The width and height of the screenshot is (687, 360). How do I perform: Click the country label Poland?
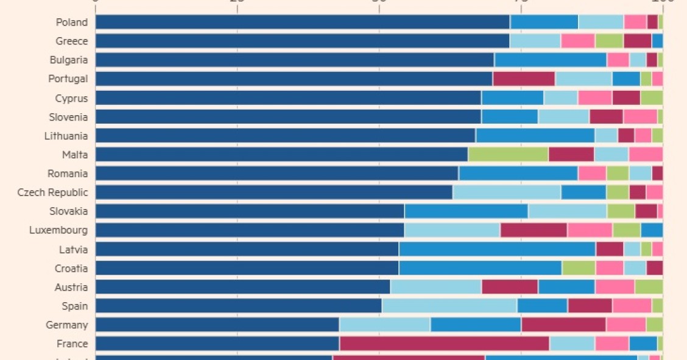pyautogui.click(x=71, y=22)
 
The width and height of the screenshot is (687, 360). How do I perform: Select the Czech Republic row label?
pyautogui.click(x=52, y=192)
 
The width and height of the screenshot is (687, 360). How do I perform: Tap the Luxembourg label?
pyautogui.click(x=58, y=230)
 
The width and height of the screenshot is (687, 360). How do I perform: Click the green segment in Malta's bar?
pyautogui.click(x=508, y=155)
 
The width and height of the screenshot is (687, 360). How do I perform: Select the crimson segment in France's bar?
pyautogui.click(x=444, y=344)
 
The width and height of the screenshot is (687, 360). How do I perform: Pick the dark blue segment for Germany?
pyautogui.click(x=217, y=325)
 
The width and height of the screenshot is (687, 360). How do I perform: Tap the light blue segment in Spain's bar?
pyautogui.click(x=449, y=306)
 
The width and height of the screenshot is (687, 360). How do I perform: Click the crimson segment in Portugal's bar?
pyautogui.click(x=524, y=79)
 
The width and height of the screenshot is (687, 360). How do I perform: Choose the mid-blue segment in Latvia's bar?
pyautogui.click(x=497, y=249)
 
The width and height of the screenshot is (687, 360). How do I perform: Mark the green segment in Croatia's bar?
pyautogui.click(x=579, y=268)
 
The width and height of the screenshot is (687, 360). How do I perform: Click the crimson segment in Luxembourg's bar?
pyautogui.click(x=534, y=230)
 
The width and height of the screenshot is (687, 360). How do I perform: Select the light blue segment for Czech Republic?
pyautogui.click(x=507, y=192)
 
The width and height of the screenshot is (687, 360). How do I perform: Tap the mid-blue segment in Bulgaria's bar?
pyautogui.click(x=551, y=60)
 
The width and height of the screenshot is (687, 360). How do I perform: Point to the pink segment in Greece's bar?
pyautogui.click(x=578, y=41)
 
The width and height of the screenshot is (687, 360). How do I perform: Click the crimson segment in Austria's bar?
pyautogui.click(x=510, y=287)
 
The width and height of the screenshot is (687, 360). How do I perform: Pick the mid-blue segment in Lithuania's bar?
pyautogui.click(x=535, y=136)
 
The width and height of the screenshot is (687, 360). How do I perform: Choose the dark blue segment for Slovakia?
pyautogui.click(x=250, y=211)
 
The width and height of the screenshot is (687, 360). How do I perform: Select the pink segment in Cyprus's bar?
pyautogui.click(x=595, y=98)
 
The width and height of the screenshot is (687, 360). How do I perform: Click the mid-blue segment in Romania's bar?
pyautogui.click(x=518, y=174)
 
